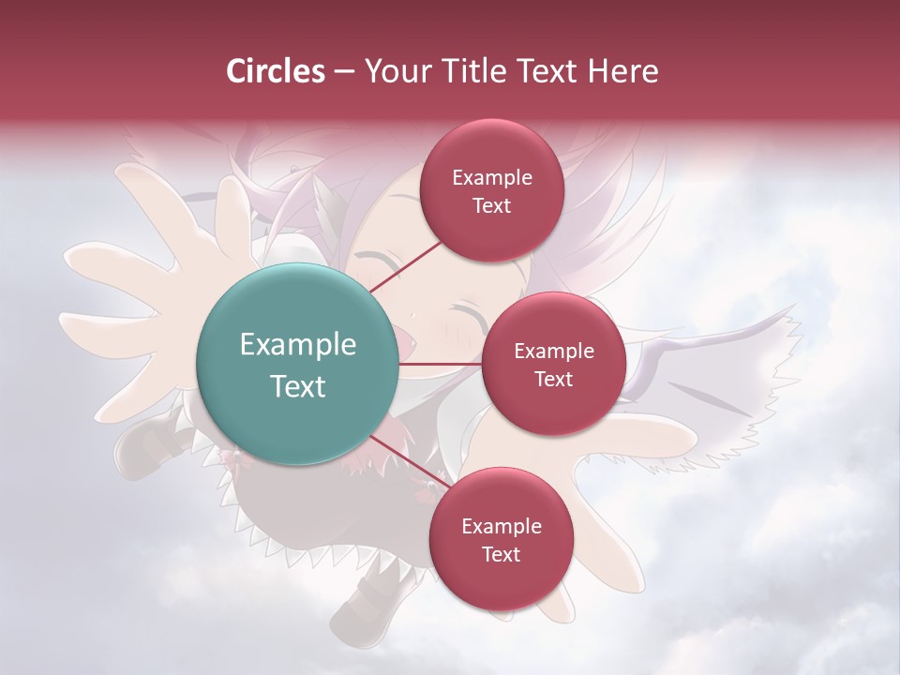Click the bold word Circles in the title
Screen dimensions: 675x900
pyautogui.click(x=275, y=71)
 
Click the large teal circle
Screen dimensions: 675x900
pyautogui.click(x=297, y=364)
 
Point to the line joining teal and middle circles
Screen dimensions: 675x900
pyautogui.click(x=441, y=364)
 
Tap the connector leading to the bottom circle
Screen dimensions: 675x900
pyautogui.click(x=408, y=460)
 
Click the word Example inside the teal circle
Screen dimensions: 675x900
pyautogui.click(x=297, y=345)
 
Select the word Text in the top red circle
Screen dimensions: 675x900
pyautogui.click(x=491, y=206)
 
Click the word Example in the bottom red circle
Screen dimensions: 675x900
pyautogui.click(x=501, y=527)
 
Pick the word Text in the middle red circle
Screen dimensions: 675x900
pyautogui.click(x=553, y=379)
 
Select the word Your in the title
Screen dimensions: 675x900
pyautogui.click(x=394, y=71)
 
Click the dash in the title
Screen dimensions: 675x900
pyautogui.click(x=343, y=72)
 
